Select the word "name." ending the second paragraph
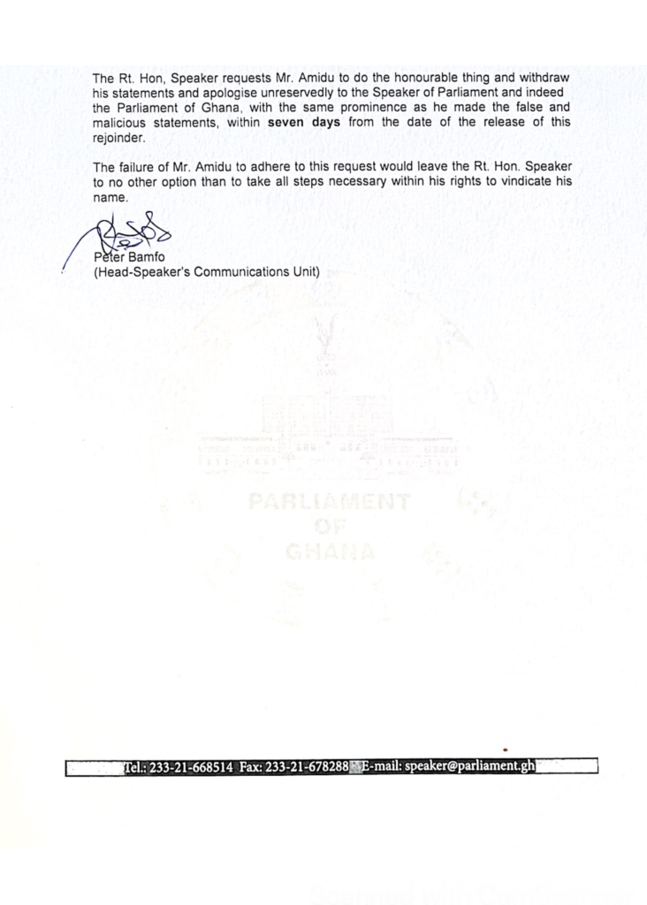tap(111, 196)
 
